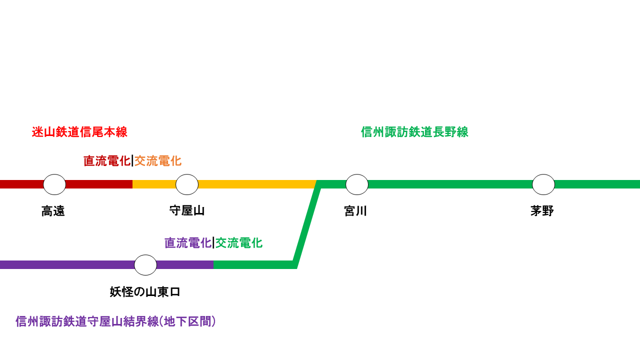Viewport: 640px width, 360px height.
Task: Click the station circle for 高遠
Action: [54, 184]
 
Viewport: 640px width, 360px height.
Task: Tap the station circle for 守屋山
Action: [187, 184]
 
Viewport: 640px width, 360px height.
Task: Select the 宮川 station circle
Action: [357, 184]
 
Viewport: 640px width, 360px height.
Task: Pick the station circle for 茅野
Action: [543, 184]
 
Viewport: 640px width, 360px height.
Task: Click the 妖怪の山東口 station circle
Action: [145, 265]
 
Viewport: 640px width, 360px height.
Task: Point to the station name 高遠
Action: [53, 211]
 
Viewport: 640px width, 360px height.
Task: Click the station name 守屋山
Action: [187, 210]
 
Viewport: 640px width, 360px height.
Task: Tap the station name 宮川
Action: [355, 211]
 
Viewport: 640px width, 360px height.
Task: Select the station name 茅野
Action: [542, 211]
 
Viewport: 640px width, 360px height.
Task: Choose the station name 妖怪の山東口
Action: [145, 292]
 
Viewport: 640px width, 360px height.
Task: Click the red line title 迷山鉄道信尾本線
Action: [79, 132]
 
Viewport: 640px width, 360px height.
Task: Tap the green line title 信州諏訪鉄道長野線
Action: [414, 132]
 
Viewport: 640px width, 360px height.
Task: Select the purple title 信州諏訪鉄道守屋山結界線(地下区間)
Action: [115, 321]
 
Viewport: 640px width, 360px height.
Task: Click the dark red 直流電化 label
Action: [106, 161]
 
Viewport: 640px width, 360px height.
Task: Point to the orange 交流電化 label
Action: [158, 161]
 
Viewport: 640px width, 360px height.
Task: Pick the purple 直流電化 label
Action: [188, 243]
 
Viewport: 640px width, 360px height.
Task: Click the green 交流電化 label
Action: [239, 243]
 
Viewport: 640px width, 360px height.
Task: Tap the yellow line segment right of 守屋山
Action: [255, 184]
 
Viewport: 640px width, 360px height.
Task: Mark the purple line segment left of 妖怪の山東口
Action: [65, 265]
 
